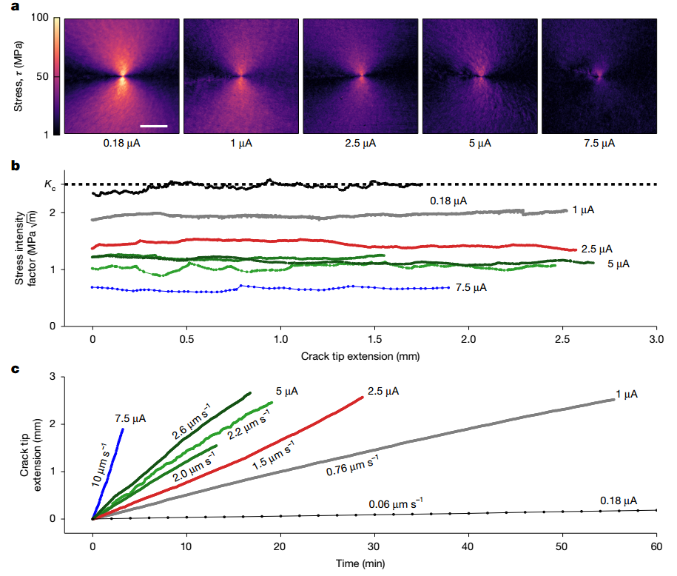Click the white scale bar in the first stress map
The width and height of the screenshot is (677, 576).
pos(154,126)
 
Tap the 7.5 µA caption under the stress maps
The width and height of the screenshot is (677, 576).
pos(599,144)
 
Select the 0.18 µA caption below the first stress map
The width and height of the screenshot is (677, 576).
pos(122,144)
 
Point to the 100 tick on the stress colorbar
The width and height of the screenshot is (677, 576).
pos(40,17)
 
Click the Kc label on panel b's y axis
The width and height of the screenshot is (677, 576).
pos(50,184)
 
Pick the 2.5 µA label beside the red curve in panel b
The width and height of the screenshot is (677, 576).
pos(596,250)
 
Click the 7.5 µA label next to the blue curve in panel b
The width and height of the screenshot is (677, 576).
pos(471,288)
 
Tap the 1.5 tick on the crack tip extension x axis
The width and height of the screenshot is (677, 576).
pos(375,339)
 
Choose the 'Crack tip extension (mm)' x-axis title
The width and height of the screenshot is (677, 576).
pos(360,357)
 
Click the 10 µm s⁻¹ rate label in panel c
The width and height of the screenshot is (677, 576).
pos(100,465)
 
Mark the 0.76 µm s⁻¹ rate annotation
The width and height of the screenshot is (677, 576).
pos(352,466)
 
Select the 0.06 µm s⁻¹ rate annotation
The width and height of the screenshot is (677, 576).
pos(396,504)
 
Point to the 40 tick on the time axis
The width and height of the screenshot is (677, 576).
pos(468,546)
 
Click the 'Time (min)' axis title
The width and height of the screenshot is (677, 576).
pos(360,563)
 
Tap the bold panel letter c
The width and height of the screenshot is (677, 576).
pos(15,369)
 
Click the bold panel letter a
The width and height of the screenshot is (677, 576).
pos(15,7)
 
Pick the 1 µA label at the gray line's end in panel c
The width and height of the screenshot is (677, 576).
pos(627,394)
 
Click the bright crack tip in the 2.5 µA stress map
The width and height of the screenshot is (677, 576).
pos(361,76)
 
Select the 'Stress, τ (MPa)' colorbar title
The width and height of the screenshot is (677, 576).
pos(18,76)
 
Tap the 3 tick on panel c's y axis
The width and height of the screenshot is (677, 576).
pos(53,376)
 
